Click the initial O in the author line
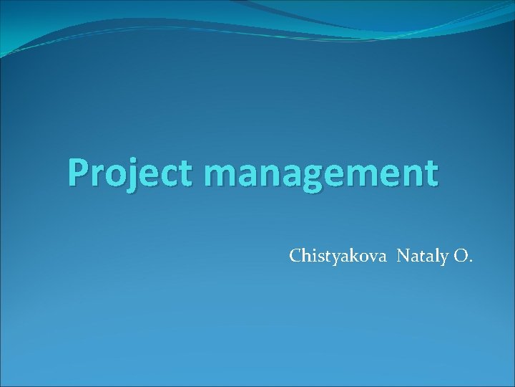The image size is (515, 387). coord(458,256)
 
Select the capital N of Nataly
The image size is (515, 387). coord(403,256)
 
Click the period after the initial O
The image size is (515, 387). coord(469,261)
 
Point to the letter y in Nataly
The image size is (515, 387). coord(443,259)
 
